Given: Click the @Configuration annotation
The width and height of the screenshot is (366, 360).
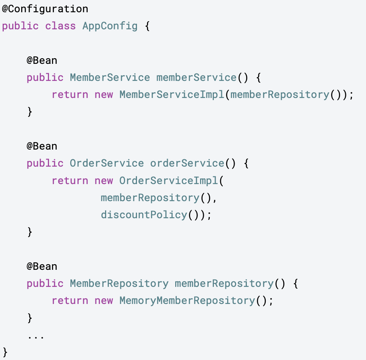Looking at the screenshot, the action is (x=45, y=9).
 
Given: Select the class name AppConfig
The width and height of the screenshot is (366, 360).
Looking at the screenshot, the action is (x=110, y=26).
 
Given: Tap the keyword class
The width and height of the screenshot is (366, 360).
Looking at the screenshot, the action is (x=61, y=26).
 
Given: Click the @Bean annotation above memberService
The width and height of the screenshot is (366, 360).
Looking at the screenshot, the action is (x=42, y=60).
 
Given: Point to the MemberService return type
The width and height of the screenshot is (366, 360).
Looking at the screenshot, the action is (x=110, y=78).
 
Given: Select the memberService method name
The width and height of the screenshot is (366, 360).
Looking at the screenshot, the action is (x=196, y=78).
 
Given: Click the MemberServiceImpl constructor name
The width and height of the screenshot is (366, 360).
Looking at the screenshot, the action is (x=172, y=95).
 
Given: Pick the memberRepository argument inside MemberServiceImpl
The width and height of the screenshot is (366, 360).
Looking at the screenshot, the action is (x=280, y=95).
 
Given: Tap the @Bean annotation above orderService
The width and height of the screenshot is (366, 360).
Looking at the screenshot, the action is (x=42, y=146).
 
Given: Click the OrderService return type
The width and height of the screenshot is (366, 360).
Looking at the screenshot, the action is (x=107, y=163).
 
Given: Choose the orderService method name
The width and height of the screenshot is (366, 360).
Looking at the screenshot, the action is (x=187, y=163).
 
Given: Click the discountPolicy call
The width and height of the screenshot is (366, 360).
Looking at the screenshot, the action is (x=144, y=215).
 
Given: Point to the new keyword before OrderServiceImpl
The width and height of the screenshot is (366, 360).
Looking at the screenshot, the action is (x=104, y=181).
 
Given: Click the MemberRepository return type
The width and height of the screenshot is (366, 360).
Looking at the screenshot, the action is (x=119, y=284).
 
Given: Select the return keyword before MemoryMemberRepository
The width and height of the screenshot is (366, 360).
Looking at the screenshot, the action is (x=70, y=301).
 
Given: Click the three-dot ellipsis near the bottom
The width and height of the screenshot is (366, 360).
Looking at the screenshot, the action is (x=36, y=337).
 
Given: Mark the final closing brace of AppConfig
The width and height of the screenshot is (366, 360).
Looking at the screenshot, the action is (x=5, y=351).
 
